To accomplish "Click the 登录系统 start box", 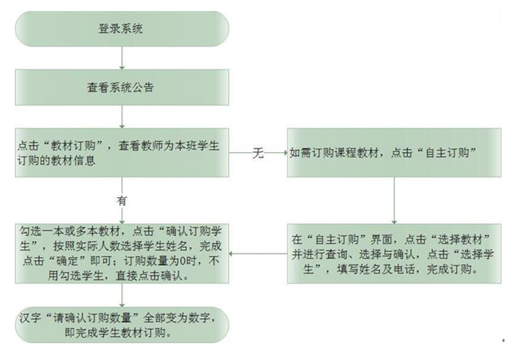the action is point(122,29).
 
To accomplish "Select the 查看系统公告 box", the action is point(122,88).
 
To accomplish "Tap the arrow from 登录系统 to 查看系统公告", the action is point(122,58).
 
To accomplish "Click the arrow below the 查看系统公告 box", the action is point(122,117).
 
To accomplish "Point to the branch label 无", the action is point(258,153).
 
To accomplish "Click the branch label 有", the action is point(122,201).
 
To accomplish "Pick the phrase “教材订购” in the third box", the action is point(73,146).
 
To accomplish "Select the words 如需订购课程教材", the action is point(334,153).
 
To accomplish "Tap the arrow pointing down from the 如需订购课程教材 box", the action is point(394,201).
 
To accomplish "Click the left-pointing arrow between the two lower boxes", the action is point(258,254).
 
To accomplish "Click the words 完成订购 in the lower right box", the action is point(449,269).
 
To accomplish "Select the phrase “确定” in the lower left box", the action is point(67,261).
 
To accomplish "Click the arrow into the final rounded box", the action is point(122,295).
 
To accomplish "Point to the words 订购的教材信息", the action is point(56,161).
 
